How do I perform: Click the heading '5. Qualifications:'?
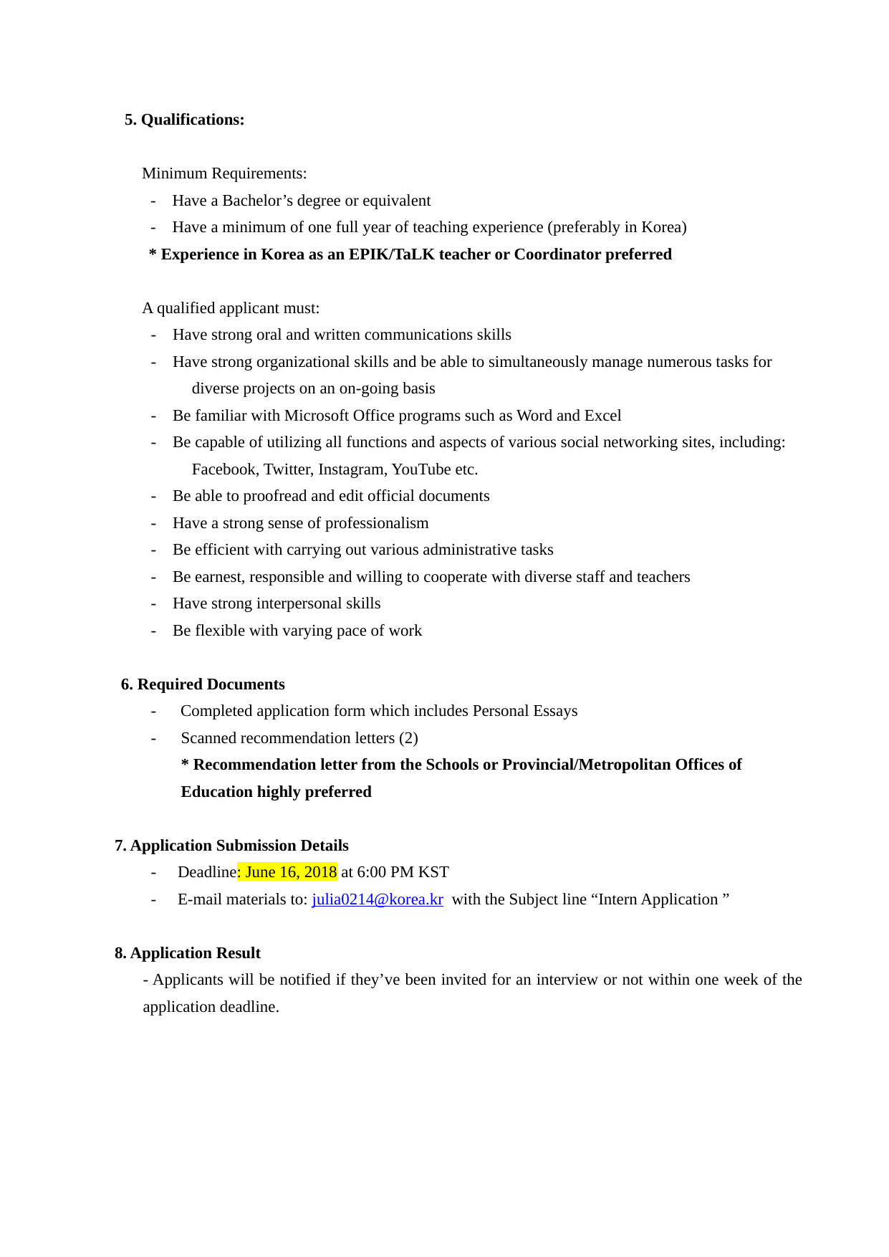coord(184,120)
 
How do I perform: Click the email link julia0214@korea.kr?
coord(377,899)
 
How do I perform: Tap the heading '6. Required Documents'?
coord(203,684)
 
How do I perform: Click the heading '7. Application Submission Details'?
coord(231,846)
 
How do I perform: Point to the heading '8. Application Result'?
coord(188,953)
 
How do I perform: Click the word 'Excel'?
coord(602,416)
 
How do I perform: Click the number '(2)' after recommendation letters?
coord(408,738)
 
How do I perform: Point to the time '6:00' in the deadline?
coord(373,872)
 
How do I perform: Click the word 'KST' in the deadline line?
coord(433,872)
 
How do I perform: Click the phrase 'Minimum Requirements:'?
coord(224,173)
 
